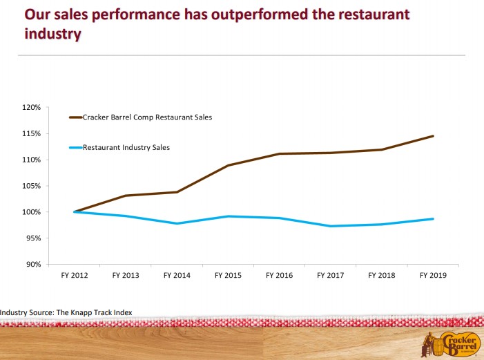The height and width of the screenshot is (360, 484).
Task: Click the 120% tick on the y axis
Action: tap(32, 108)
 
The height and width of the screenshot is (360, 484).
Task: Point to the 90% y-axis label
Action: tap(34, 264)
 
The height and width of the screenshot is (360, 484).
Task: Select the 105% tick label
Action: tap(32, 186)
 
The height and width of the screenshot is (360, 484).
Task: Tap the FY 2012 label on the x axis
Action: tap(74, 276)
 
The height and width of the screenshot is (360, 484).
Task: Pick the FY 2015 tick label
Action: tap(227, 276)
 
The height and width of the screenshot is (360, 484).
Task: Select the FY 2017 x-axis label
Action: tap(330, 276)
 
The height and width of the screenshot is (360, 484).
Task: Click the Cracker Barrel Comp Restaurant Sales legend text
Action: tap(147, 117)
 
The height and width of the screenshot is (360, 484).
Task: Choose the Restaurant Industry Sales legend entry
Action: tap(126, 147)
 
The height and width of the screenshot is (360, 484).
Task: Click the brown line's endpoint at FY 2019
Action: tap(433, 136)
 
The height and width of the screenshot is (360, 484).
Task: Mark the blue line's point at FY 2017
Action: tap(331, 226)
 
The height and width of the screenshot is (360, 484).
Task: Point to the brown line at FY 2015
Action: tap(228, 165)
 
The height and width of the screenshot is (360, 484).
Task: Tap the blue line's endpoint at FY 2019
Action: tap(433, 219)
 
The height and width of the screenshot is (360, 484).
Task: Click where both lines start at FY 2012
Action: tap(74, 211)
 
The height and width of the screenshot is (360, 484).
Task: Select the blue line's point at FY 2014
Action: tap(177, 223)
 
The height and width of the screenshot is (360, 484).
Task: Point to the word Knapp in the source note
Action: tap(81, 312)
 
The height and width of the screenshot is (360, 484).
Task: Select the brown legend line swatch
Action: tap(76, 117)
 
